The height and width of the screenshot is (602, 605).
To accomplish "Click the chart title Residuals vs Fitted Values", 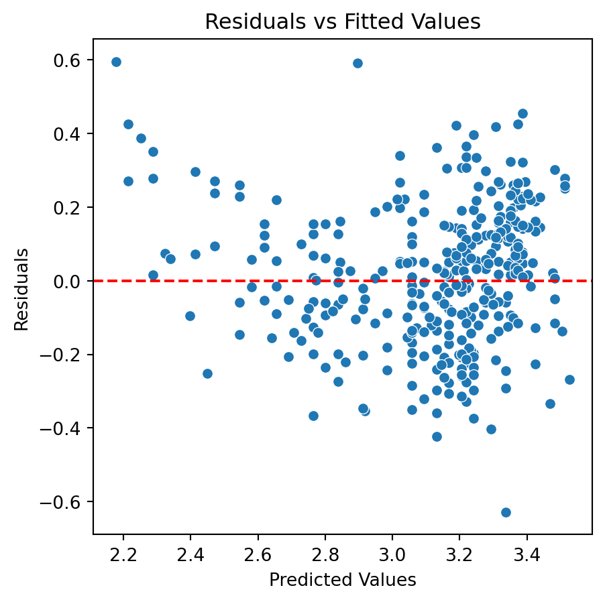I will pyautogui.click(x=342, y=22).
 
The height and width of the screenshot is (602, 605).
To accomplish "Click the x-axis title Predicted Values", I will pyautogui.click(x=342, y=580).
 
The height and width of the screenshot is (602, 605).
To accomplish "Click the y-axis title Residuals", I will pyautogui.click(x=21, y=289).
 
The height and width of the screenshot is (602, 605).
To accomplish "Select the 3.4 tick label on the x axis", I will pyautogui.click(x=527, y=554).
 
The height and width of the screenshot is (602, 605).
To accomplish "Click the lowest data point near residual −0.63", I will pyautogui.click(x=506, y=512).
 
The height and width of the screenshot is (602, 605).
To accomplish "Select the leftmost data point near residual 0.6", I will pyautogui.click(x=116, y=62).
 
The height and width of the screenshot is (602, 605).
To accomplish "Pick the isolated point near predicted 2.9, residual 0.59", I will pyautogui.click(x=357, y=63).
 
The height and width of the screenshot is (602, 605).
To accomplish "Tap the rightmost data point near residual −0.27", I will pyautogui.click(x=569, y=379).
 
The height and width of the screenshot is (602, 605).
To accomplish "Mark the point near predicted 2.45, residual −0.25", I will pyautogui.click(x=207, y=373).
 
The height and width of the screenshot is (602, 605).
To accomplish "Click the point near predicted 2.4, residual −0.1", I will pyautogui.click(x=190, y=316).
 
